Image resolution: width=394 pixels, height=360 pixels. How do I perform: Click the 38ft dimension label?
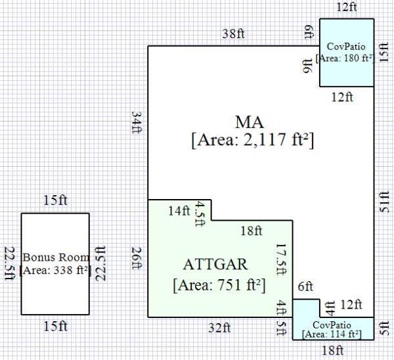233,34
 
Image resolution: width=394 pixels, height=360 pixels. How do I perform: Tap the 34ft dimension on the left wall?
137,122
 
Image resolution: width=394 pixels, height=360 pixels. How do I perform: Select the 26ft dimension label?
137,258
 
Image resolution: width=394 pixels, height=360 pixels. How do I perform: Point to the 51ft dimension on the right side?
384,202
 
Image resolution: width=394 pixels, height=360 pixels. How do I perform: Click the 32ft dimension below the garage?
219,328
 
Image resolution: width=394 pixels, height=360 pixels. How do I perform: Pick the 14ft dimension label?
179,211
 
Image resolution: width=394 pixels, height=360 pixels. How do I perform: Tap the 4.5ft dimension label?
200,214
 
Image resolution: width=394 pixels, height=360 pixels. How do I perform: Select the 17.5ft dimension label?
282,259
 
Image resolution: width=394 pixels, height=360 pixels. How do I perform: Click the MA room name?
250,122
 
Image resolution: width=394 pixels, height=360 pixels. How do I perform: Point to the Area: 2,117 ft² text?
253,140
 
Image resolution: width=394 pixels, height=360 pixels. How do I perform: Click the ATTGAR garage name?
215,265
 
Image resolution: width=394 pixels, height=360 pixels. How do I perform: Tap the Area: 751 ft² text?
219,285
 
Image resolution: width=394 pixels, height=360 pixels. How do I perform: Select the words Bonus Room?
56,257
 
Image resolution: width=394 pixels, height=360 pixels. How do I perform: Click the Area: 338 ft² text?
55,270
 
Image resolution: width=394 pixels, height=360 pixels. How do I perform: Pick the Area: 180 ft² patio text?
345,58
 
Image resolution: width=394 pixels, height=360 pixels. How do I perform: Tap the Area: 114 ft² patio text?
332,334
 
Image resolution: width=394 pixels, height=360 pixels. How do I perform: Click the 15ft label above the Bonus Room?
56,200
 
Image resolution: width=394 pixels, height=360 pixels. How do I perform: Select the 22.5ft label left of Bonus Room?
10,263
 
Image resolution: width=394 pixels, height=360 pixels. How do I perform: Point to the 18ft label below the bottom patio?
332,350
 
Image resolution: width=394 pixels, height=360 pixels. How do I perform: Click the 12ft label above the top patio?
347,7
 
